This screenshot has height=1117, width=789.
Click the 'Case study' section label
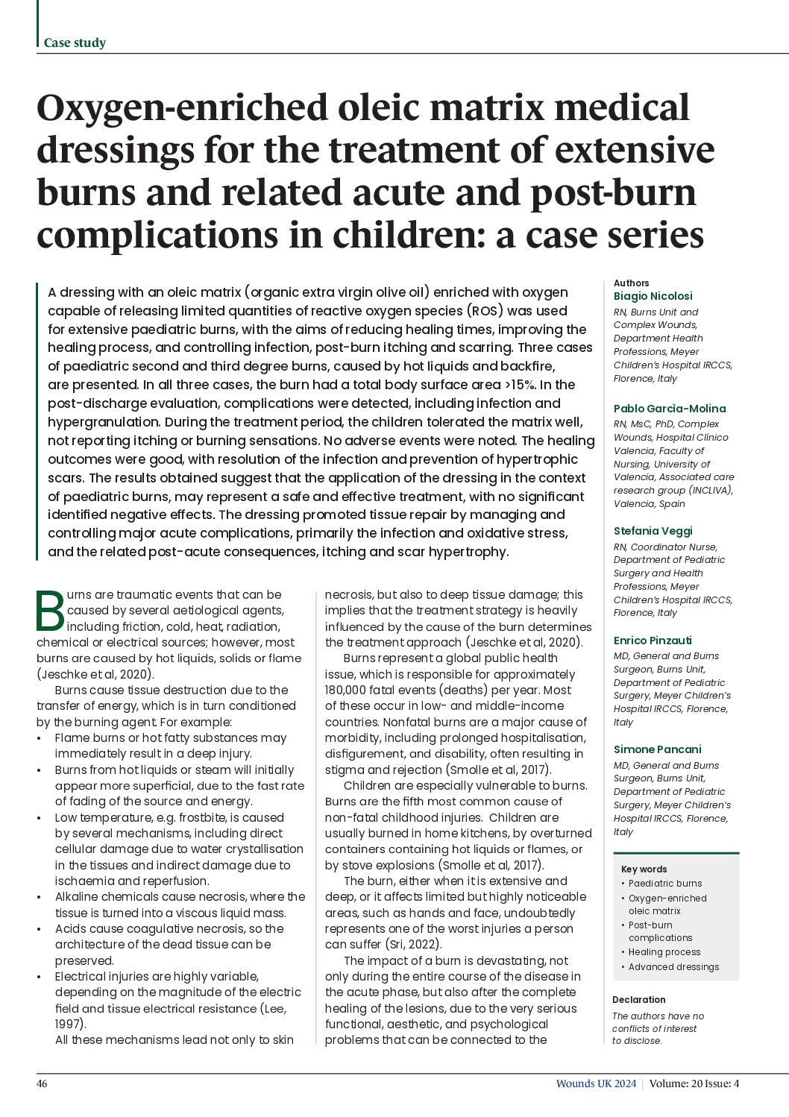[x=75, y=43]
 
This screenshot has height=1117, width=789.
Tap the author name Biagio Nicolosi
[x=653, y=296]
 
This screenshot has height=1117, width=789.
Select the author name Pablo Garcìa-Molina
[x=669, y=409]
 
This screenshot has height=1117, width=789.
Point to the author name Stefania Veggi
[x=653, y=531]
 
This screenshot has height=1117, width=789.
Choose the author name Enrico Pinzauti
[x=653, y=641]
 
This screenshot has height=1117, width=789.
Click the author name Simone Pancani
[x=657, y=749]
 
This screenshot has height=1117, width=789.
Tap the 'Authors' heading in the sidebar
[x=631, y=283]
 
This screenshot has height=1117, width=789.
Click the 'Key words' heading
[x=644, y=869]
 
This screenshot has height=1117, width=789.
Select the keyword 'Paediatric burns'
[x=665, y=884]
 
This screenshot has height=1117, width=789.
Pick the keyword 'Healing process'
[x=664, y=952]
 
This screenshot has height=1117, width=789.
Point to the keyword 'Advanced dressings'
[x=673, y=967]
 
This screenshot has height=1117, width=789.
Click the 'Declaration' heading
[x=638, y=1000]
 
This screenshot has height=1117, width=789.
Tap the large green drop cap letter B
[x=51, y=611]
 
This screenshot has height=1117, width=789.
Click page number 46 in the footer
[x=42, y=1083]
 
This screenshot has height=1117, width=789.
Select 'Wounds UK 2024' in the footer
[x=595, y=1083]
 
